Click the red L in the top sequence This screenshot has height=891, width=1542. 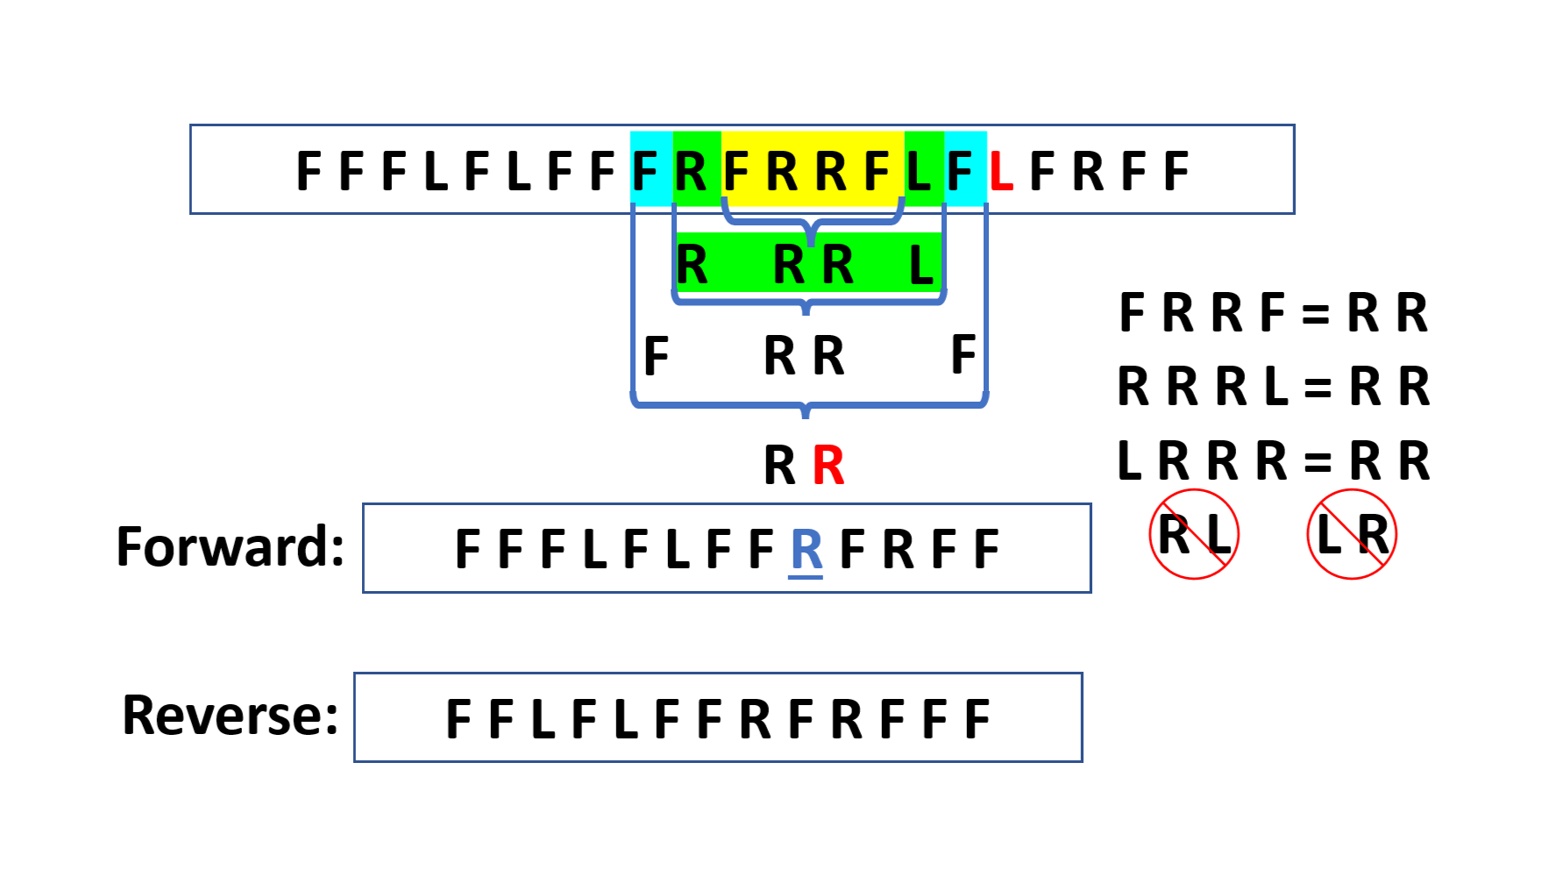(1001, 171)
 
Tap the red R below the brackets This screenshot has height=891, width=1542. (828, 466)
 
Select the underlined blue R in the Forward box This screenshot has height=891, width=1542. (807, 551)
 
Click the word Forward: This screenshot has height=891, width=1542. (231, 547)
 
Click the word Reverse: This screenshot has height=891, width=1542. (231, 716)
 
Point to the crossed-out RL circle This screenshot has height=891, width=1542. (1194, 534)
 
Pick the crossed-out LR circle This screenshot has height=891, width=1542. (1352, 534)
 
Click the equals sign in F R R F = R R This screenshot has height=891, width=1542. (1315, 314)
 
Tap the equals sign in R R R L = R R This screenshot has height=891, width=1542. (1318, 388)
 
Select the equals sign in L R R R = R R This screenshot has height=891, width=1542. (1318, 462)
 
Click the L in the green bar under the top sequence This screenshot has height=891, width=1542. (921, 265)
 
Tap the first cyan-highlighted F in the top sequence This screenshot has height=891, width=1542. (645, 171)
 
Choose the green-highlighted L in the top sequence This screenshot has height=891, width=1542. (919, 171)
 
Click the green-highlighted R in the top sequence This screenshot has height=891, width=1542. (691, 171)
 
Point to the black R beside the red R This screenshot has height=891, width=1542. (779, 466)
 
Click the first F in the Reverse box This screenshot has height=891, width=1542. (458, 720)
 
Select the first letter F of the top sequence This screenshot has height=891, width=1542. (309, 171)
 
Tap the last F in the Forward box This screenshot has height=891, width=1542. (986, 551)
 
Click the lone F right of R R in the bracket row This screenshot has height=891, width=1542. (963, 355)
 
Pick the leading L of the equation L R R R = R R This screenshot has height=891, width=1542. (1130, 462)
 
